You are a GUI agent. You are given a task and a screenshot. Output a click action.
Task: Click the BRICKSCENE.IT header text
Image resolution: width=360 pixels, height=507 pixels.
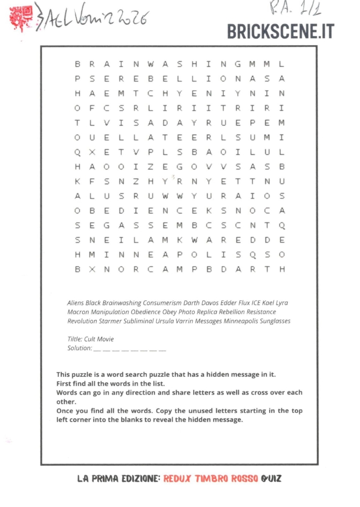(x=280, y=31)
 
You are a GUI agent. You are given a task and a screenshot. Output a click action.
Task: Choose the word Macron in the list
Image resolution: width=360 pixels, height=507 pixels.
(x=77, y=312)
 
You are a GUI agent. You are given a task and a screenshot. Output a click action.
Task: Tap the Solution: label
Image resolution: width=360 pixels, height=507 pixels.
(x=79, y=348)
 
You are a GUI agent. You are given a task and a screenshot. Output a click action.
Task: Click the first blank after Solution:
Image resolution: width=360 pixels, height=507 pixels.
(x=97, y=350)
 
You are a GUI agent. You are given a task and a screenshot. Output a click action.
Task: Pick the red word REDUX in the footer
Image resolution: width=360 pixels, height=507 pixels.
(x=177, y=478)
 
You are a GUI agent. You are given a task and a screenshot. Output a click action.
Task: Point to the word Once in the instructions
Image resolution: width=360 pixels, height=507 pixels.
(x=65, y=411)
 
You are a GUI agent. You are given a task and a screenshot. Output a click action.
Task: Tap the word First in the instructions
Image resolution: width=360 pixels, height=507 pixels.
(x=64, y=383)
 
